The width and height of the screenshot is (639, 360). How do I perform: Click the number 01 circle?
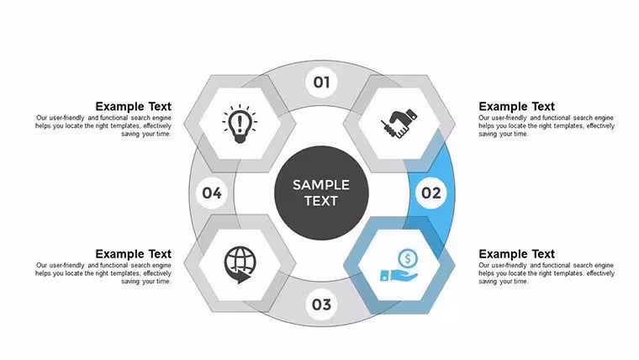pos(321,82)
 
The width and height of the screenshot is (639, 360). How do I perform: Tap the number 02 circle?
pos(430,193)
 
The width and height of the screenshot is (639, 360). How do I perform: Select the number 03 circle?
pos(321,304)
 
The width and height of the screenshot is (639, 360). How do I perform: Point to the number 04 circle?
pos(212,193)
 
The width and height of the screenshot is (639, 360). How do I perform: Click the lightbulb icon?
pos(240,124)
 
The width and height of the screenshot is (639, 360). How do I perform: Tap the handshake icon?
pos(399,123)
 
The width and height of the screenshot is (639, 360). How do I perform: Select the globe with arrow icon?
pos(240,265)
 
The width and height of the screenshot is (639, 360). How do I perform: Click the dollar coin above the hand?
pos(408,258)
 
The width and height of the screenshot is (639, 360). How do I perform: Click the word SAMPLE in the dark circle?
pos(321,185)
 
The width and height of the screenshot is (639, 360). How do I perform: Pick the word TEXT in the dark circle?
pos(321,201)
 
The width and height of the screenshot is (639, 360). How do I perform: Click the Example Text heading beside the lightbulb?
pos(133,107)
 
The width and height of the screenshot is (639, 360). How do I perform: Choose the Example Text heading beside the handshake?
pos(517,107)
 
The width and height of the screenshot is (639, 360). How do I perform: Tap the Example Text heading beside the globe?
pos(133,254)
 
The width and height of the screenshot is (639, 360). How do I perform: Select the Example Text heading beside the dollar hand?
pos(517,254)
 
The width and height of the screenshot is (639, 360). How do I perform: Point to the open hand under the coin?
pos(399,275)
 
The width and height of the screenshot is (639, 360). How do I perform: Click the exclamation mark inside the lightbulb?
pos(240,122)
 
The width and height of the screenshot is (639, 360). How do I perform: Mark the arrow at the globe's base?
pos(243,278)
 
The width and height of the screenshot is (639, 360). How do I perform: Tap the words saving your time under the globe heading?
pos(146,281)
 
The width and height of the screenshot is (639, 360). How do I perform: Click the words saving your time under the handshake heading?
pos(504,134)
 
